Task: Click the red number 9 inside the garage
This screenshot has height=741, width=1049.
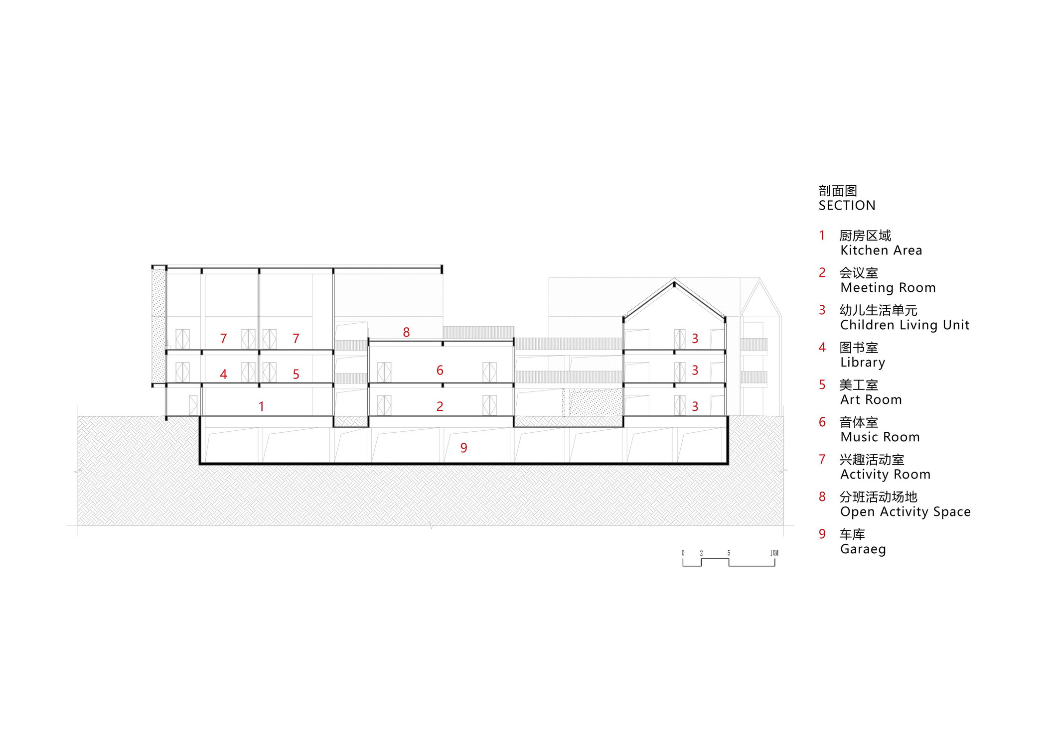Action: [x=463, y=448]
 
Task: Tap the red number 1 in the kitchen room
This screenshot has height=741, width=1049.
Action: [x=261, y=406]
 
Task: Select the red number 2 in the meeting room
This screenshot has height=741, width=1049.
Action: [x=440, y=406]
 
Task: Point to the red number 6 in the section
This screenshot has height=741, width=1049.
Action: [x=440, y=370]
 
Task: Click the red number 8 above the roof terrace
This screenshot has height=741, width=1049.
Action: [x=406, y=332]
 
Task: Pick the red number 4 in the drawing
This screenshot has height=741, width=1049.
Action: [x=223, y=374]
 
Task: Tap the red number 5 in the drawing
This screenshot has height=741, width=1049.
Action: [x=296, y=374]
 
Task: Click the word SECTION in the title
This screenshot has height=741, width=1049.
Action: [x=847, y=205]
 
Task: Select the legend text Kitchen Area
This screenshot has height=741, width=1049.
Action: [x=881, y=250]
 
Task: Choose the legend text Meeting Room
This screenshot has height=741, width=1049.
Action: [x=888, y=287]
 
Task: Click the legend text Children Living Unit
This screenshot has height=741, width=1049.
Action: [x=905, y=325]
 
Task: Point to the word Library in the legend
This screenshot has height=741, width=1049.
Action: [x=863, y=363]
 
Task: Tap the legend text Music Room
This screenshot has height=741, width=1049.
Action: [x=880, y=437]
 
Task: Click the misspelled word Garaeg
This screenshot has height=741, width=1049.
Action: [x=863, y=549]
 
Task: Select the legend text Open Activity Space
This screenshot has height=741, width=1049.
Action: [x=905, y=512]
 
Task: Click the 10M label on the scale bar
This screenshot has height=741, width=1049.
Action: [x=774, y=553]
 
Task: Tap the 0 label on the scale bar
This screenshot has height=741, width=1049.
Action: [x=683, y=553]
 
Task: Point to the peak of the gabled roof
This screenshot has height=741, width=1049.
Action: [x=674, y=282]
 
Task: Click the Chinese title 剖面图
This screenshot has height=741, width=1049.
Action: [x=838, y=191]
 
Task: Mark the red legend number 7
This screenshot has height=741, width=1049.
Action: [x=822, y=459]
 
